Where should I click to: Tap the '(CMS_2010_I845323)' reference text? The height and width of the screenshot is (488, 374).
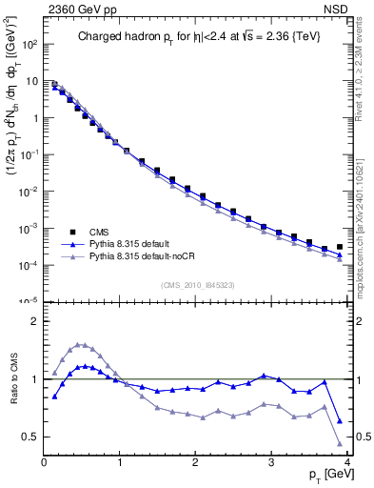pos(196,283)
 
